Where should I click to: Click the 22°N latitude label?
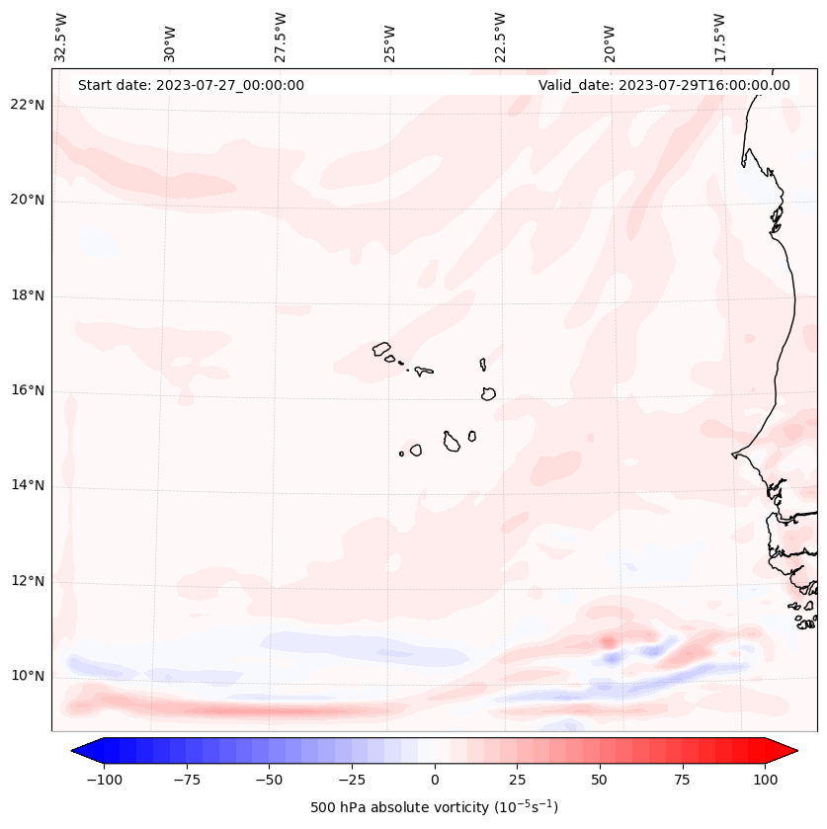pos(28,106)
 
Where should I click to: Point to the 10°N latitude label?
pos(28,677)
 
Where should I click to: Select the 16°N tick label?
pos(28,391)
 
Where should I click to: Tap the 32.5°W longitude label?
pos(61,38)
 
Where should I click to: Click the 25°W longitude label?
pos(390,38)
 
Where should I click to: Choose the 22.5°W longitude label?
pos(500,38)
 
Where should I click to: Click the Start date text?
pos(191,86)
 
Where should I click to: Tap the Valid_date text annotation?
pos(664,86)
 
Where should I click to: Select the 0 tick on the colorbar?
pos(435,780)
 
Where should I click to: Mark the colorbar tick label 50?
pos(600,780)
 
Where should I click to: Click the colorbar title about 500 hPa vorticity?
pos(435,808)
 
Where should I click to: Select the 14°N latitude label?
pos(28,486)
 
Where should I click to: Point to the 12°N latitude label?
pos(28,581)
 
